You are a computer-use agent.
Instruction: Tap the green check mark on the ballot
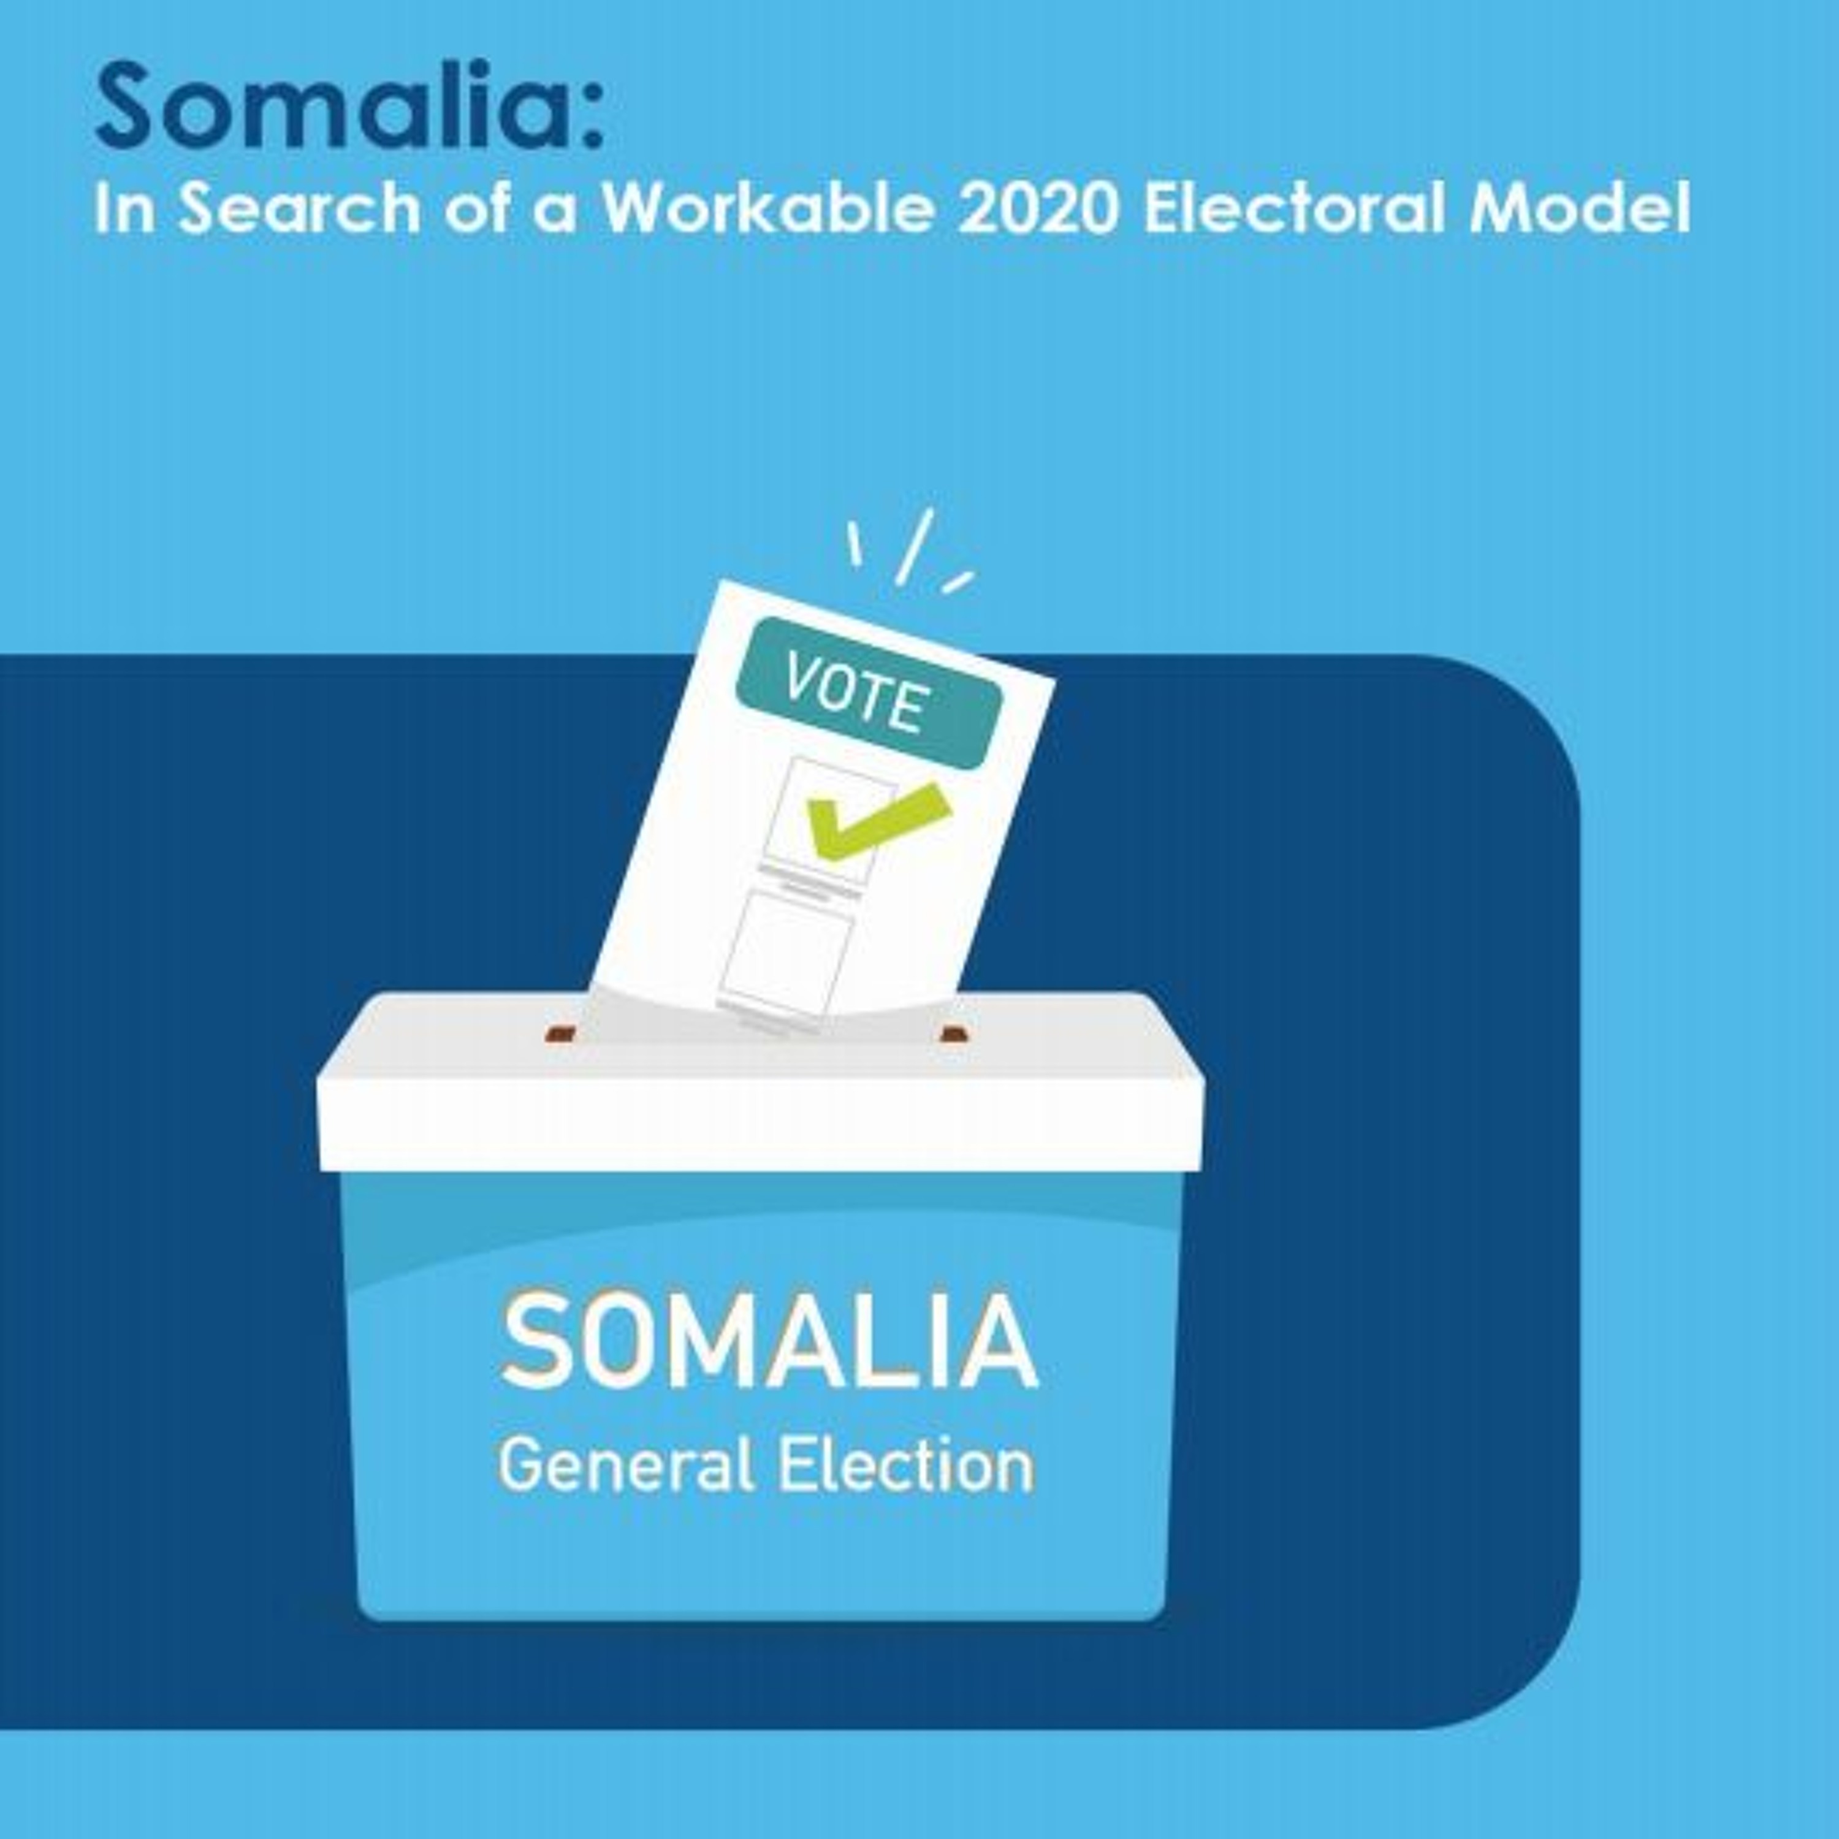878,818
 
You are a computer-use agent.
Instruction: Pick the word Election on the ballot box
906,1467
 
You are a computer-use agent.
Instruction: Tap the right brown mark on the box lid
954,1033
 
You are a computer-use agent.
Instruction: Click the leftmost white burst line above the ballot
855,544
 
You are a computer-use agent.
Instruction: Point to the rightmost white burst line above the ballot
958,582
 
